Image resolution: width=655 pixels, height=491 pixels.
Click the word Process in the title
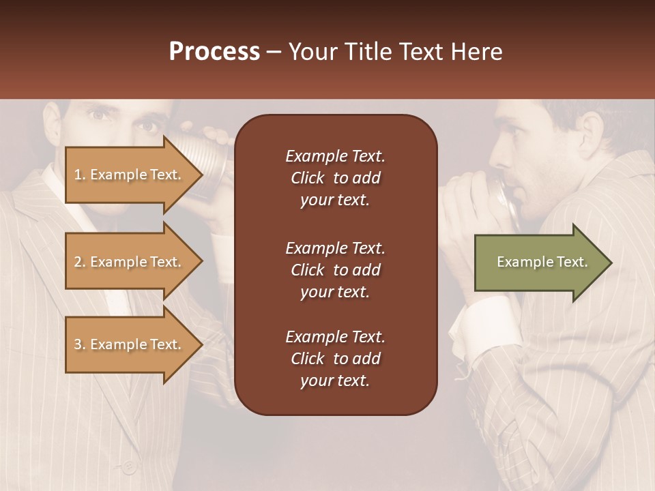tap(214, 52)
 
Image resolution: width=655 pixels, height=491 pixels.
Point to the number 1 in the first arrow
tap(78, 175)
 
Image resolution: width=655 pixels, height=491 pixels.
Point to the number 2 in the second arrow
tap(78, 262)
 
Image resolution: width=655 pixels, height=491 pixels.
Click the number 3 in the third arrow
tap(78, 344)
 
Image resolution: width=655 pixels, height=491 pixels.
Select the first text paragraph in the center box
tap(335, 178)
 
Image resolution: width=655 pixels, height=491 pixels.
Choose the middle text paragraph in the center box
tap(335, 270)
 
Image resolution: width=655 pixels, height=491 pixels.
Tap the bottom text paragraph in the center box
tap(335, 359)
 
